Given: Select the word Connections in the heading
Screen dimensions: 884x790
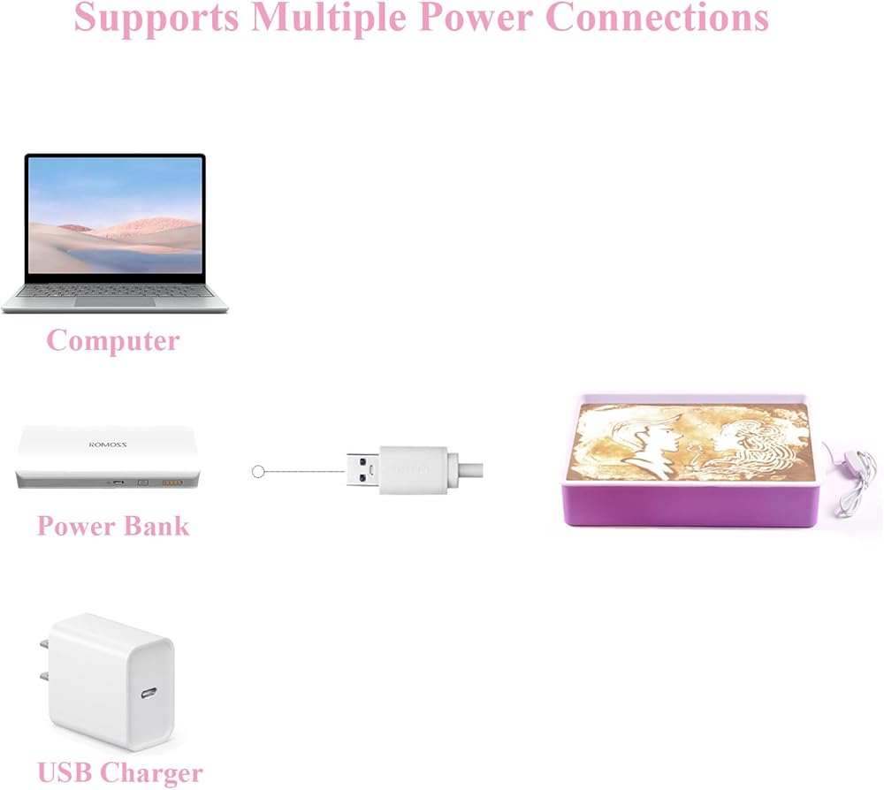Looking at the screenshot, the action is [658, 17].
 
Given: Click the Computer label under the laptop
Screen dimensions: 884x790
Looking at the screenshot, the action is [113, 341].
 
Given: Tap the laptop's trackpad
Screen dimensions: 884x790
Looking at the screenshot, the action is [115, 302].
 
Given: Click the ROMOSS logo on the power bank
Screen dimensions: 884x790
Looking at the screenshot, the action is [108, 444].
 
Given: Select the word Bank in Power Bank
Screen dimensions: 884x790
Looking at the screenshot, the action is [156, 526].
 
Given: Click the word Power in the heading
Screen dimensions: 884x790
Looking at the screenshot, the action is [476, 17].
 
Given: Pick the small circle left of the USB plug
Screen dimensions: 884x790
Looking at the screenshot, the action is [257, 472].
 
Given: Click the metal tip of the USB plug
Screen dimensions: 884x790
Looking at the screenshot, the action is [363, 469].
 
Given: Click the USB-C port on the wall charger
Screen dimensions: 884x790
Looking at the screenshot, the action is [149, 691].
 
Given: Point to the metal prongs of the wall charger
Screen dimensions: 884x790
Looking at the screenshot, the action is [45, 661].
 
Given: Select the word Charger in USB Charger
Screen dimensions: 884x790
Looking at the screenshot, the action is [153, 773].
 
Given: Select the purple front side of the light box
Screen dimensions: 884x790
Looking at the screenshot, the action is [690, 505].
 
